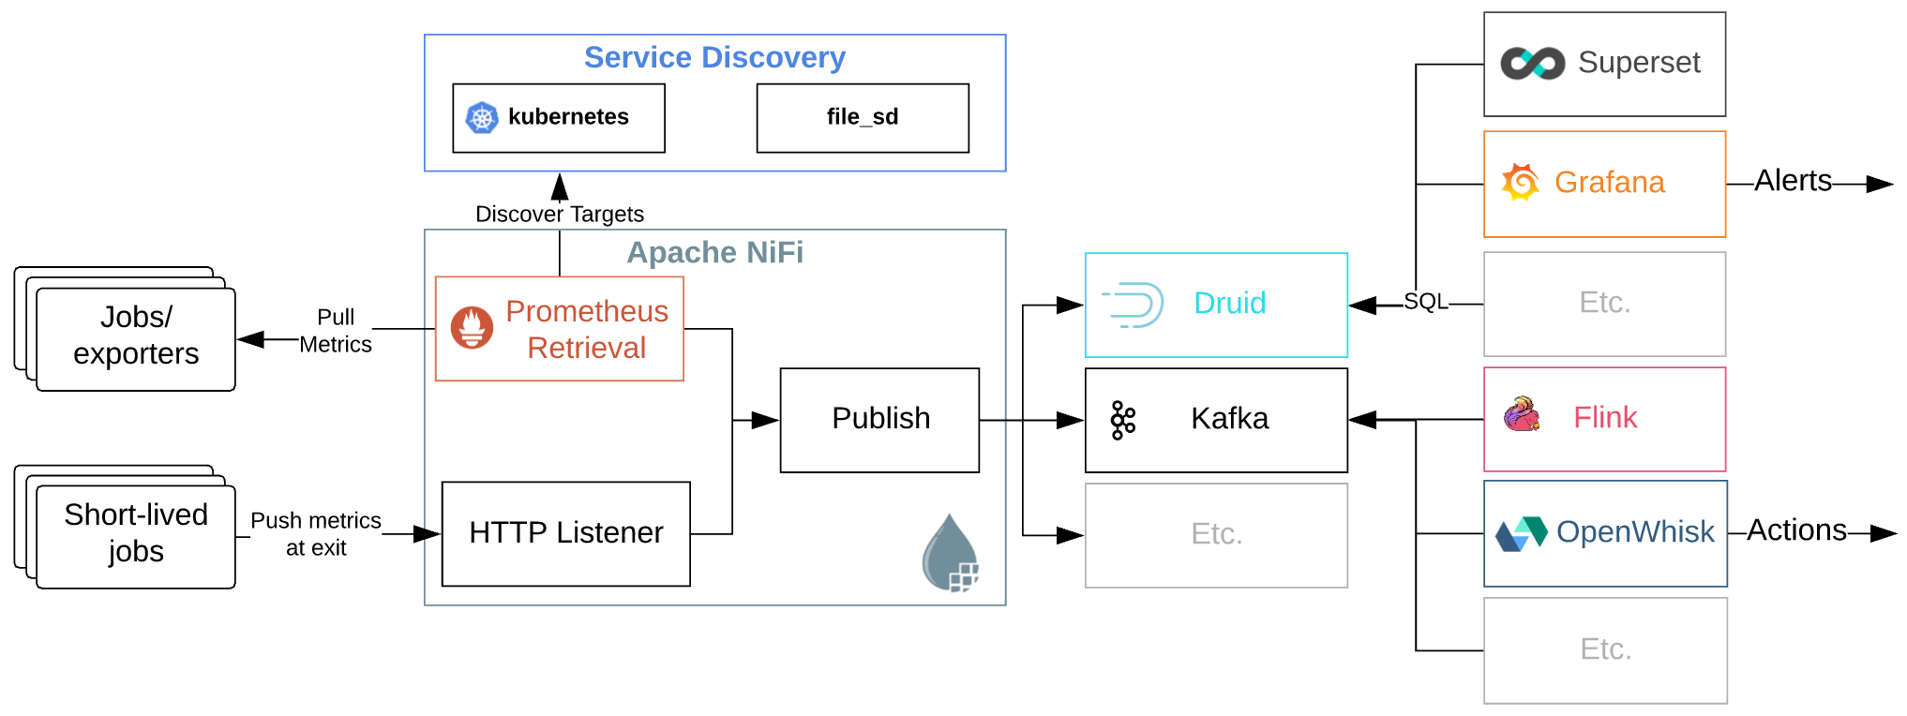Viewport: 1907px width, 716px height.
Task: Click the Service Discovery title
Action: (x=714, y=58)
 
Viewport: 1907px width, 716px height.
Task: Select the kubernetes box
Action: (x=559, y=118)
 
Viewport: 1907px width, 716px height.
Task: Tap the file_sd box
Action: (x=863, y=118)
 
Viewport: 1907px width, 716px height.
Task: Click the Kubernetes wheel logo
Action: (x=482, y=118)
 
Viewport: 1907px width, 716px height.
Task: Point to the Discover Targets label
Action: (x=559, y=215)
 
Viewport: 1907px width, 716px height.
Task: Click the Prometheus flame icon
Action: (x=472, y=328)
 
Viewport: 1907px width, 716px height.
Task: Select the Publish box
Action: (x=879, y=420)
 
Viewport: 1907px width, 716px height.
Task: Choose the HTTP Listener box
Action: (x=565, y=533)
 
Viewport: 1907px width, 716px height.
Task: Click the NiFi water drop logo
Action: (x=951, y=555)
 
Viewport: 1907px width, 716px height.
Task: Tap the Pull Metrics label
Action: (x=336, y=331)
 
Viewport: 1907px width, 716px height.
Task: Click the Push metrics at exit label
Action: (x=316, y=534)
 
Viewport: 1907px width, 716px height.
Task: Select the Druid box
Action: (x=1216, y=305)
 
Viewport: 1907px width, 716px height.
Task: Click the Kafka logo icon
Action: (x=1122, y=420)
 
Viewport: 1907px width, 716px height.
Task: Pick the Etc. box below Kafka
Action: (x=1216, y=535)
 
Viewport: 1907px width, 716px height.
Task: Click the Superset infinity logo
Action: (x=1532, y=64)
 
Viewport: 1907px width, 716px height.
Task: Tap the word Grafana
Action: (x=1609, y=183)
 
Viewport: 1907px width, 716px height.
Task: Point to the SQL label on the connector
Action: (x=1425, y=302)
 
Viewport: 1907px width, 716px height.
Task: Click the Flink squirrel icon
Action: (x=1523, y=414)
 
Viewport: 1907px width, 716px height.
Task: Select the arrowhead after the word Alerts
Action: (x=1879, y=184)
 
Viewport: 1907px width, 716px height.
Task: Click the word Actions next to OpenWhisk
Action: (x=1796, y=530)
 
